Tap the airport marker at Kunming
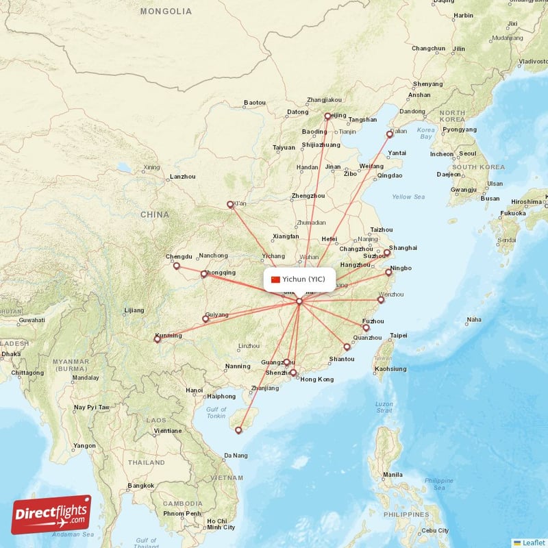[158, 338]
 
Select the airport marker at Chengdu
[176, 266]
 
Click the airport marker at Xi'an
[230, 204]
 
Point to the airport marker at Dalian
[389, 134]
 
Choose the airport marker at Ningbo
[388, 272]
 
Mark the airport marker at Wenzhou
[381, 299]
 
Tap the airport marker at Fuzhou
[366, 327]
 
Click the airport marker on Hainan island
[238, 430]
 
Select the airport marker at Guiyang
[206, 319]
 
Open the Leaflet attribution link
[533, 543]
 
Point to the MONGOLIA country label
[166, 12]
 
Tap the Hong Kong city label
[316, 379]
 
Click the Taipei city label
[398, 336]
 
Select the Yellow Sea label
[408, 197]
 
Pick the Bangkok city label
[140, 486]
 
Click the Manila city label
[393, 475]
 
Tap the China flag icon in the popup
[276, 279]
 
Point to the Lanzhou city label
[183, 177]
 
